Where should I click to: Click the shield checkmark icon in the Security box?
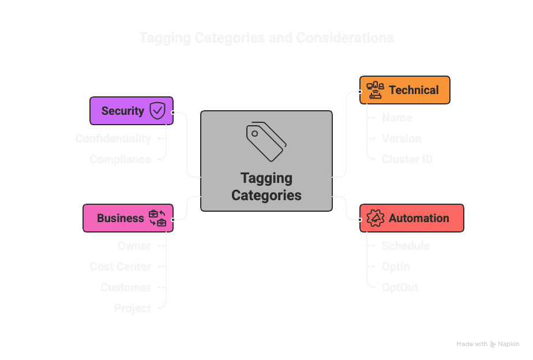tap(157, 111)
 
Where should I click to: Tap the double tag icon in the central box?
tap(266, 141)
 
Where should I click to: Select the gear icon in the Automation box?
tap(376, 218)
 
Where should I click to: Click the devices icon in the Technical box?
tap(376, 90)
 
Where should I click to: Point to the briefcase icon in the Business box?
tap(157, 218)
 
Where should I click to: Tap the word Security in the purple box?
tap(122, 111)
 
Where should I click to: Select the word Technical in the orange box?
tap(414, 90)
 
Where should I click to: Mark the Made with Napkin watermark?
tap(487, 344)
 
